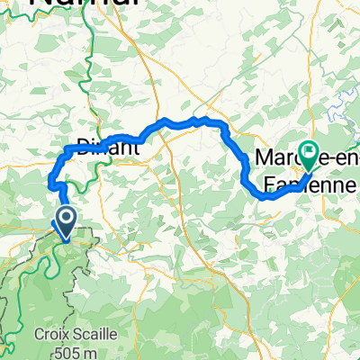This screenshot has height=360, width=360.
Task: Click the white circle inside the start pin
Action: click(x=67, y=216)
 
